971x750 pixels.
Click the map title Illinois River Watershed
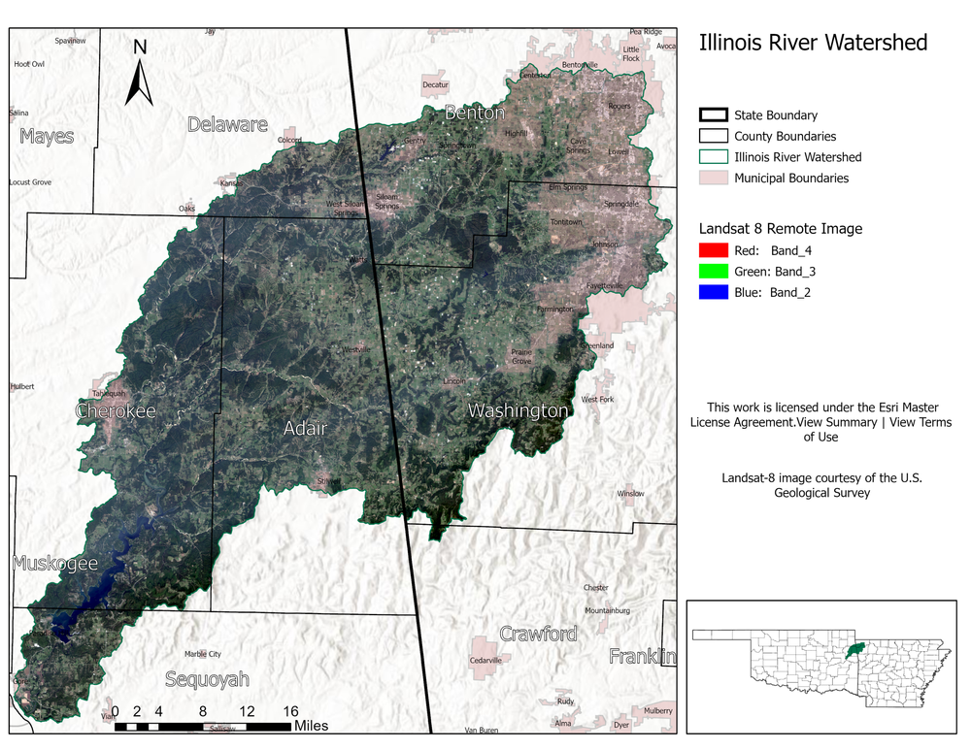click(x=813, y=43)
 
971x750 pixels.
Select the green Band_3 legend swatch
click(x=713, y=272)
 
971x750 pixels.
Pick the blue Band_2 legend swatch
click(x=713, y=292)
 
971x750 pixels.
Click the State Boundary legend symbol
click(x=713, y=115)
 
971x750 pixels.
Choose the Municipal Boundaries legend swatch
click(x=713, y=178)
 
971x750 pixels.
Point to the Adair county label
click(x=305, y=428)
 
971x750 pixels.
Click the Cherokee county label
click(x=116, y=411)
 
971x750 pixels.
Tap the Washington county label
click(x=518, y=410)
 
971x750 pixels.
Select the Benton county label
click(x=474, y=114)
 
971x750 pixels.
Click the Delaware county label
click(x=227, y=124)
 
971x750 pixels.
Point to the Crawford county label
click(x=538, y=634)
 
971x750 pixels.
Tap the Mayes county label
click(x=47, y=136)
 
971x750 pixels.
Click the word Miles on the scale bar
click(x=311, y=726)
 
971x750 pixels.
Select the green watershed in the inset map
click(x=854, y=648)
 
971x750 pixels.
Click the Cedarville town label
click(x=485, y=660)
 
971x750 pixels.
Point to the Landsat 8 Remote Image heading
click(x=781, y=229)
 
